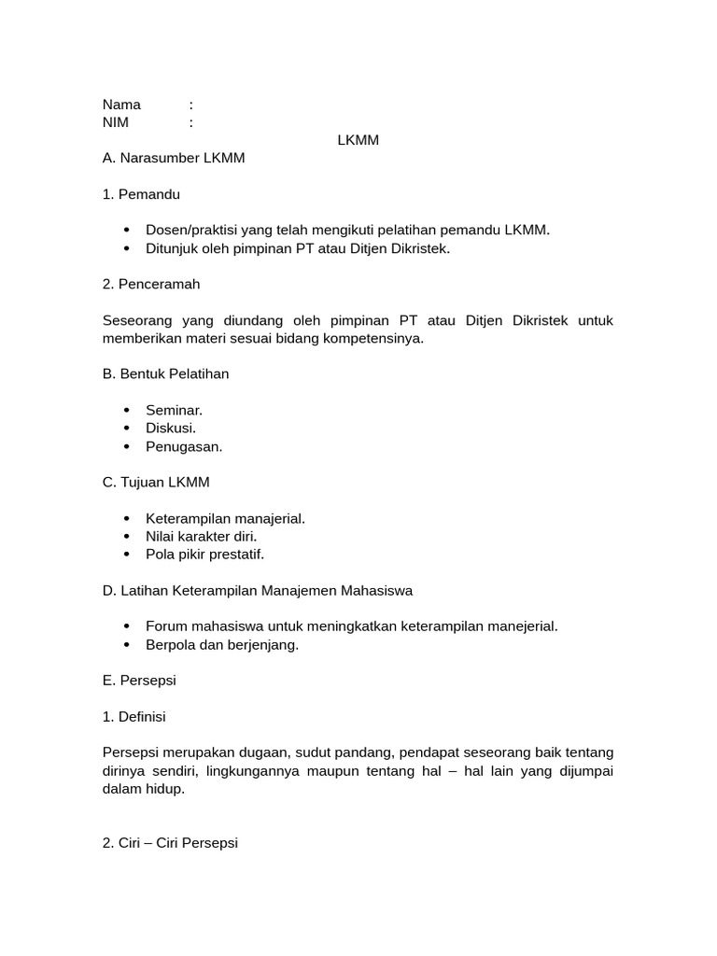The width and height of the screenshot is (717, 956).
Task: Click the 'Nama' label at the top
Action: point(121,105)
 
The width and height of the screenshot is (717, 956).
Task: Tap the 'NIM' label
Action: point(116,122)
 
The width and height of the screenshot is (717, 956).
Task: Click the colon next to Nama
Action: point(190,105)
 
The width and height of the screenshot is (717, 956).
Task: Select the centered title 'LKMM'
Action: point(358,140)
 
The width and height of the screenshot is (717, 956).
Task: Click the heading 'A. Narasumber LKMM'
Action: point(174,158)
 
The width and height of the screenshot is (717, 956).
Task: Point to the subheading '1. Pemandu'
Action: point(141,194)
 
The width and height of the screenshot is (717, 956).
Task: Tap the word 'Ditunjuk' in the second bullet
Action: point(172,248)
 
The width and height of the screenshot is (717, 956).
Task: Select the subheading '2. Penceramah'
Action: point(151,284)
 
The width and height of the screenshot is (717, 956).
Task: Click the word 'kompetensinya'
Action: point(379,338)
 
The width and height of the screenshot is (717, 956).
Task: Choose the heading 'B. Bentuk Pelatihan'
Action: point(165,373)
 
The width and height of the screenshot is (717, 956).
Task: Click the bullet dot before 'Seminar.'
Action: point(126,411)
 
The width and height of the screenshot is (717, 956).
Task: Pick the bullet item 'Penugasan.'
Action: point(184,446)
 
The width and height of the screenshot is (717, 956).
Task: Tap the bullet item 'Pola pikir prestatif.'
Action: point(204,555)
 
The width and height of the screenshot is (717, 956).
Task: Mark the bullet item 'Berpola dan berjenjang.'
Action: point(222,645)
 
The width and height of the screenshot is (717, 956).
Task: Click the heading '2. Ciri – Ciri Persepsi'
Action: point(170,842)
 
